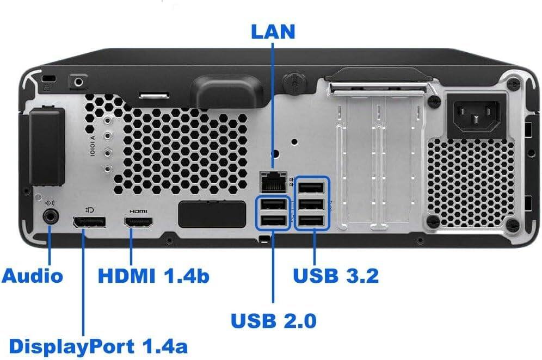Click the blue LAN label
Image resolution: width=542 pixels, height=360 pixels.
[273, 31]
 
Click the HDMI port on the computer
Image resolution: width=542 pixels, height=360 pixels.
[139, 222]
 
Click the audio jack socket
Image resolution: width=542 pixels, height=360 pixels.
[50, 216]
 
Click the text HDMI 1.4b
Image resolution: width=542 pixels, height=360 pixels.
[153, 276]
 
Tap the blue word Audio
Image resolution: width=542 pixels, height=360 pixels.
[33, 276]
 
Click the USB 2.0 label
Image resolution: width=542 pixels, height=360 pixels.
[274, 320]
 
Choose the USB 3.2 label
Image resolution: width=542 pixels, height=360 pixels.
[336, 276]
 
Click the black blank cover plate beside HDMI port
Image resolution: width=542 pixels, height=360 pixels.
[212, 214]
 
